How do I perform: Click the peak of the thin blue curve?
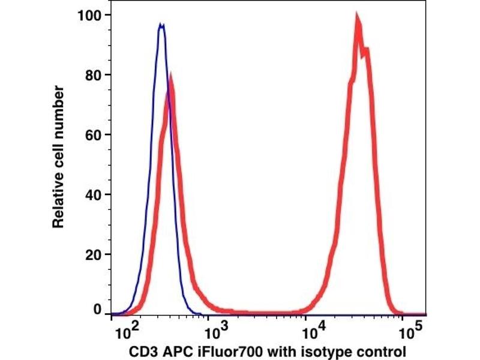click(161, 25)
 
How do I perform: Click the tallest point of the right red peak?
click(357, 17)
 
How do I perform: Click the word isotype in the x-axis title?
click(329, 351)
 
